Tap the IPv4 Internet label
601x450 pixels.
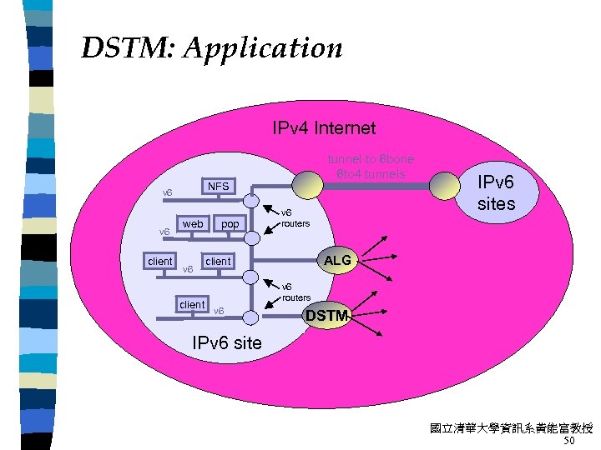(324, 128)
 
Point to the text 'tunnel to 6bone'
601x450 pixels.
(370, 159)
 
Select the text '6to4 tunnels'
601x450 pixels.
(371, 174)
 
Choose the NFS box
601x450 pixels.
(218, 187)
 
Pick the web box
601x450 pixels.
(193, 224)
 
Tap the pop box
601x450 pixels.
(230, 224)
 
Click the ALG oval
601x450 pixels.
(337, 261)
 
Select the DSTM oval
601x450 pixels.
(326, 316)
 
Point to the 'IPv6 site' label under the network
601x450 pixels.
(226, 342)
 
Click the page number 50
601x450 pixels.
(569, 441)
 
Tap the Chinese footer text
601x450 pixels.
(511, 428)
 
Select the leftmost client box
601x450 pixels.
(159, 262)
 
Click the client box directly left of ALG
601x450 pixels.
(218, 262)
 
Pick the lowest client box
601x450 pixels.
(192, 305)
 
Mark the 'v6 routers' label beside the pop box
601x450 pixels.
(295, 218)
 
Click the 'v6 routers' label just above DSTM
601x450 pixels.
(295, 292)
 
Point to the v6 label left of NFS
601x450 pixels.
(167, 193)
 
